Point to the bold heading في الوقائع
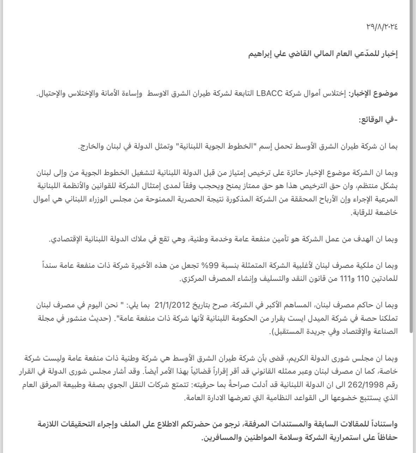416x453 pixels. (x=377, y=120)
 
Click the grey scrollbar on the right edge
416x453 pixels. (x=411, y=166)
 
